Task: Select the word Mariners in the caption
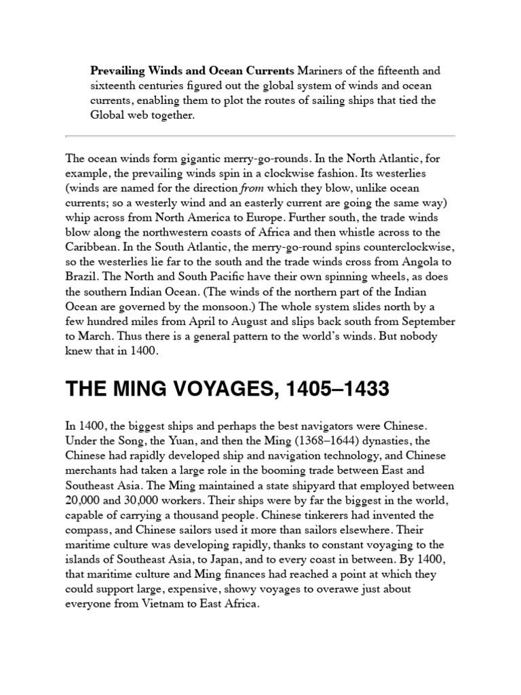point(320,71)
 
